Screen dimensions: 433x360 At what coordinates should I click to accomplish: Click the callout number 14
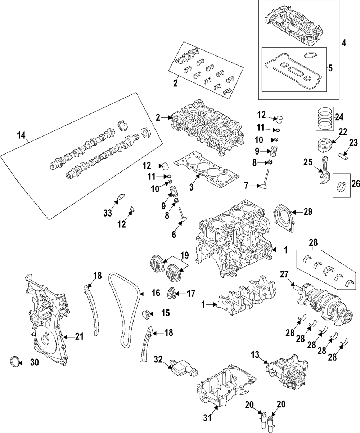21,135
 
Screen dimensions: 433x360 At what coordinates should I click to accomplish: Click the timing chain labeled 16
124,310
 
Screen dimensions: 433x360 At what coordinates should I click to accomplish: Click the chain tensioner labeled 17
171,293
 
